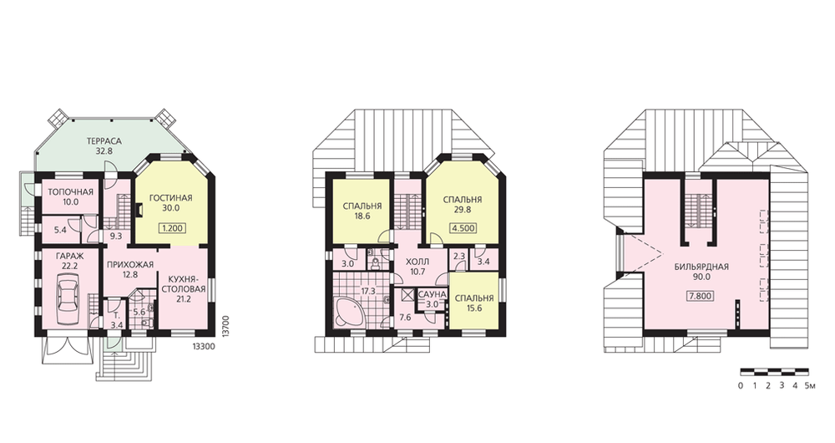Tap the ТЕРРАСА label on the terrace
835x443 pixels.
point(105,141)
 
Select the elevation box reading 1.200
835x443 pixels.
point(172,228)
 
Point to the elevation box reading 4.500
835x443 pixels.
point(463,228)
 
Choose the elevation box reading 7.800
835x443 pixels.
point(701,296)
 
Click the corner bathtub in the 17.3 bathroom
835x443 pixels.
point(349,313)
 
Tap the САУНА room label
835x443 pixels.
point(432,294)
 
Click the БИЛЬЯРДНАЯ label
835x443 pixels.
point(701,267)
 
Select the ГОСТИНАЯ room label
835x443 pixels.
point(171,198)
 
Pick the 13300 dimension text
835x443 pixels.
point(202,346)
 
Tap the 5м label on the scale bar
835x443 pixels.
point(810,385)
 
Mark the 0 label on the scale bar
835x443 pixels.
point(741,385)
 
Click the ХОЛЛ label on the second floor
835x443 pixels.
point(418,262)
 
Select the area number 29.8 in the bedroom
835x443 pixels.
point(463,210)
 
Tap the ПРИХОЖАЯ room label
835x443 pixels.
point(130,265)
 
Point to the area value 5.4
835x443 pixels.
point(60,231)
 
